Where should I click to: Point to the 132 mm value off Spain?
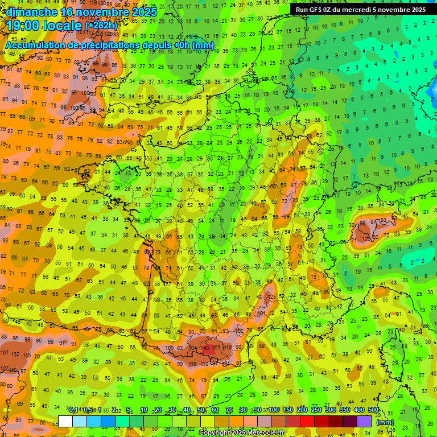[15, 354]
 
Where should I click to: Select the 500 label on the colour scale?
[373, 410]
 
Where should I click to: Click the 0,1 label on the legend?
[73, 410]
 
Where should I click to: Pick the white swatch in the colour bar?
[65, 421]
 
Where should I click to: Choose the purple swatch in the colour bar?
[364, 421]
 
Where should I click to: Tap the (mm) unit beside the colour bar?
[385, 422]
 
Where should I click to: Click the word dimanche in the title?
[32, 11]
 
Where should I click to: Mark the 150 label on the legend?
[288, 410]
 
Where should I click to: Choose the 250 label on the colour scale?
[316, 410]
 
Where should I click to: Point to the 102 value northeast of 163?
[240, 331]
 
